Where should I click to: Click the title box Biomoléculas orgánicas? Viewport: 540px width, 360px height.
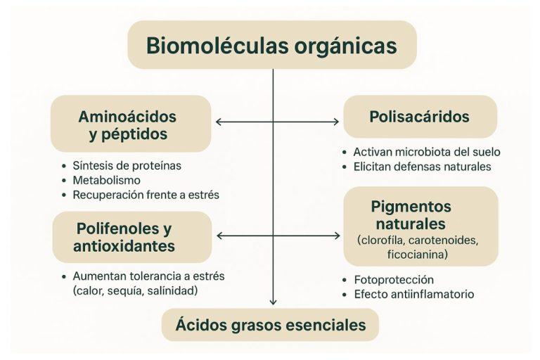[271, 46]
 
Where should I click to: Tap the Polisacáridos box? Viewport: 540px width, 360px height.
[420, 117]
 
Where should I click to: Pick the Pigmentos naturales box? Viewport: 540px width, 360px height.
[420, 224]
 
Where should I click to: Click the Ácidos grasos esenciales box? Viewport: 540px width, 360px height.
[271, 325]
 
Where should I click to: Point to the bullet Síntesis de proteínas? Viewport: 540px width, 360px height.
[127, 166]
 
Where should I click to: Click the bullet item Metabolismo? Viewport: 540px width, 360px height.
[106, 181]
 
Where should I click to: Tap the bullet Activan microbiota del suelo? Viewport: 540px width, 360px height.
[427, 152]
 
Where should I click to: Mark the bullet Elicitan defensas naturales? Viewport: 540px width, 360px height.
[422, 167]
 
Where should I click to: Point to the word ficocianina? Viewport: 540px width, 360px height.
[419, 254]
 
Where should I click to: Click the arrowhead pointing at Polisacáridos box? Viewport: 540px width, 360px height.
[335, 122]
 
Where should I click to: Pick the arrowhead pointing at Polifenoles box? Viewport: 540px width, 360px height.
[220, 235]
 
